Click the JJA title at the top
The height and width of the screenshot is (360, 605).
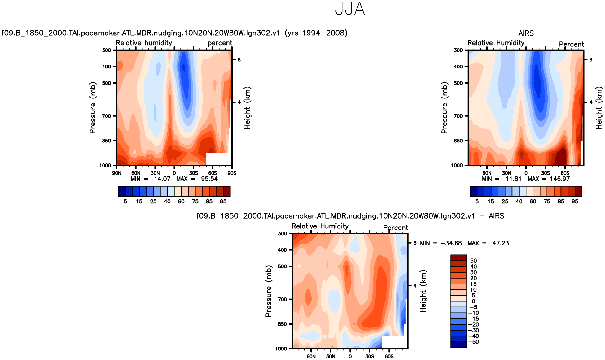pos(350,9)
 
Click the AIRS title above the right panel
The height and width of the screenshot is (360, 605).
pos(526,33)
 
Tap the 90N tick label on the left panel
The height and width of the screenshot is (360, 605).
pos(116,173)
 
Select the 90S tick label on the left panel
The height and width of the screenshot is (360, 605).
pos(232,173)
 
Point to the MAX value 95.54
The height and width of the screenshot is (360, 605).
pos(209,179)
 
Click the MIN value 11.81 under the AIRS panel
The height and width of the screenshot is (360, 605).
pos(513,179)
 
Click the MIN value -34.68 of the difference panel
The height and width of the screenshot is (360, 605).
pos(451,243)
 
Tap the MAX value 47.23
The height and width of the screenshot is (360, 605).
pos(501,243)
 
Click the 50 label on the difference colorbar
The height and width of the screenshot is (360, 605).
pos(473,261)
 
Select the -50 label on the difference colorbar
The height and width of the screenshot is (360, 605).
pos(474,342)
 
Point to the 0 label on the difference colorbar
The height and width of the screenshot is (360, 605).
pos(473,301)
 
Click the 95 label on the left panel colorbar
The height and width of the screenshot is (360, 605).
pos(223,202)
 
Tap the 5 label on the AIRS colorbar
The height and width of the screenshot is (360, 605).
pos(477,202)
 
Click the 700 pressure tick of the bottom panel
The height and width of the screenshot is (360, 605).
pos(282,299)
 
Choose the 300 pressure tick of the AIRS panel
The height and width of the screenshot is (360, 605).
pos(458,50)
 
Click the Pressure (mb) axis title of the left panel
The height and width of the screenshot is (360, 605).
pos(92,108)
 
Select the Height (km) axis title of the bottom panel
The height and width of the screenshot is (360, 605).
pos(423,291)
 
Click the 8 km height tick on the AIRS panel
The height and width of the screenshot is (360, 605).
pos(590,60)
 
